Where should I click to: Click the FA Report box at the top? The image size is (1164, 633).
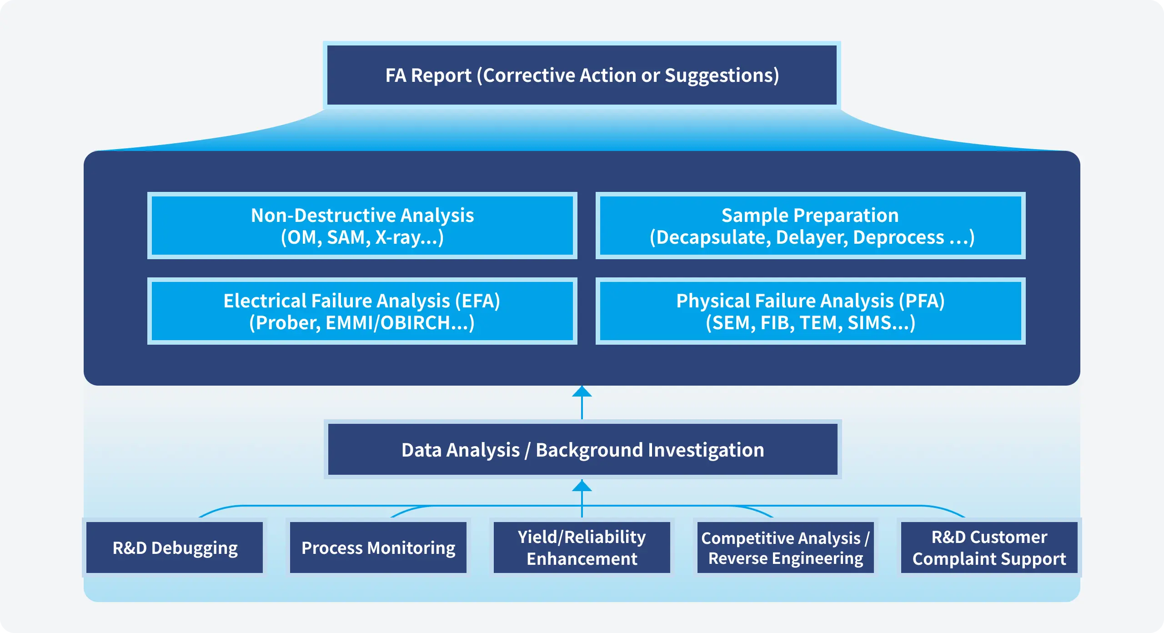582,75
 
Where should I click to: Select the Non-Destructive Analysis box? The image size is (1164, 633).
362,226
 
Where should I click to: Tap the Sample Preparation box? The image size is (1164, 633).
810,226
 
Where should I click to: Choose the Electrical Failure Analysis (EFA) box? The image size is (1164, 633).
362,311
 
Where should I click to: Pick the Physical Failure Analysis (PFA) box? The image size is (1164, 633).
810,311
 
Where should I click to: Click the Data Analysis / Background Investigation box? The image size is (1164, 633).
582,449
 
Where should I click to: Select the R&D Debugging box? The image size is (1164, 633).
175,548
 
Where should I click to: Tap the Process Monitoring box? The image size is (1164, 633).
378,548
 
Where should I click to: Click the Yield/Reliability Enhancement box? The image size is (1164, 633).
582,548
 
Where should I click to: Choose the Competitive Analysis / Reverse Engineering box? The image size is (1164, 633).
786,548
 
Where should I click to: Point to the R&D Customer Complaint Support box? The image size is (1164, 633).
989,548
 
